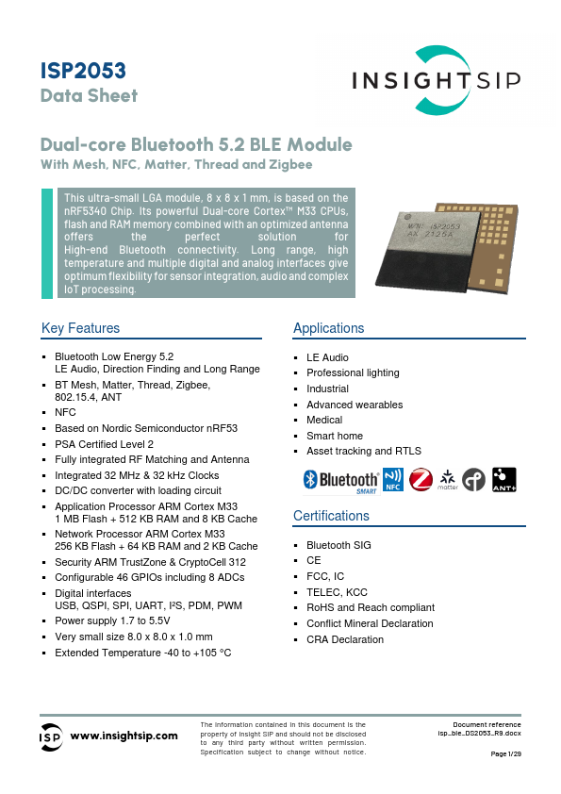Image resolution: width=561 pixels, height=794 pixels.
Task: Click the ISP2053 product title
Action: tap(84, 72)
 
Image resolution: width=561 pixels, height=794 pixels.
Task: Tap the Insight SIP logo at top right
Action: tap(436, 81)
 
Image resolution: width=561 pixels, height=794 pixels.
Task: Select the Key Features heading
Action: tap(81, 328)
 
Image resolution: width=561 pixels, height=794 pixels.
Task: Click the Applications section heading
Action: tap(328, 328)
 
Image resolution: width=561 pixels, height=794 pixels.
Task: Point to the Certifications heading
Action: tap(331, 516)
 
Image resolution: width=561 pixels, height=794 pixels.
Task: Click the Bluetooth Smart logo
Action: tap(340, 481)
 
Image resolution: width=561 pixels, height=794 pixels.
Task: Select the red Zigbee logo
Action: tap(420, 480)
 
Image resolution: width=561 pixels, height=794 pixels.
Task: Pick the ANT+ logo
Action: tap(504, 480)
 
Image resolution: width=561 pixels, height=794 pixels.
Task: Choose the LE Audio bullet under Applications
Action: tap(327, 357)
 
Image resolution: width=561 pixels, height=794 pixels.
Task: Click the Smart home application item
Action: tap(335, 436)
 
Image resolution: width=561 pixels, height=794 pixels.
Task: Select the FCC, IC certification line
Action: tap(325, 576)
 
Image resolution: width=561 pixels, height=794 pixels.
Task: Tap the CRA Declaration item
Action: tap(345, 639)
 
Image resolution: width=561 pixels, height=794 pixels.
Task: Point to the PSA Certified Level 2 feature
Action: tap(104, 443)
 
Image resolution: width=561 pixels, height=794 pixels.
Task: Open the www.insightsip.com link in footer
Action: tap(124, 736)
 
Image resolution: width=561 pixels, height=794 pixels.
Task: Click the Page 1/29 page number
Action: tap(506, 754)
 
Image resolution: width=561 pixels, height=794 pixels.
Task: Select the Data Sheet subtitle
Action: tap(89, 95)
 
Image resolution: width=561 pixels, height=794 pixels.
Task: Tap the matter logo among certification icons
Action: tap(447, 480)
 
